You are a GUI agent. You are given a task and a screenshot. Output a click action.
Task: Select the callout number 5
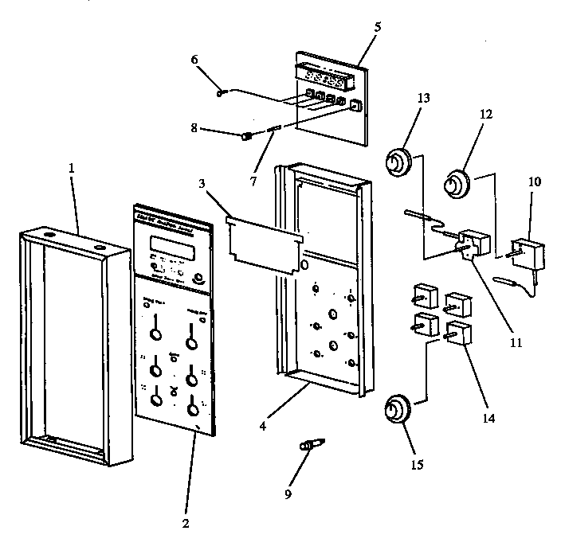pos(377,26)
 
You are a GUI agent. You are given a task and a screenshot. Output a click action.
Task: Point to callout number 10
pos(534,181)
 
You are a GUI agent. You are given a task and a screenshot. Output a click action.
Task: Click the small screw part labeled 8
pos(246,136)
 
